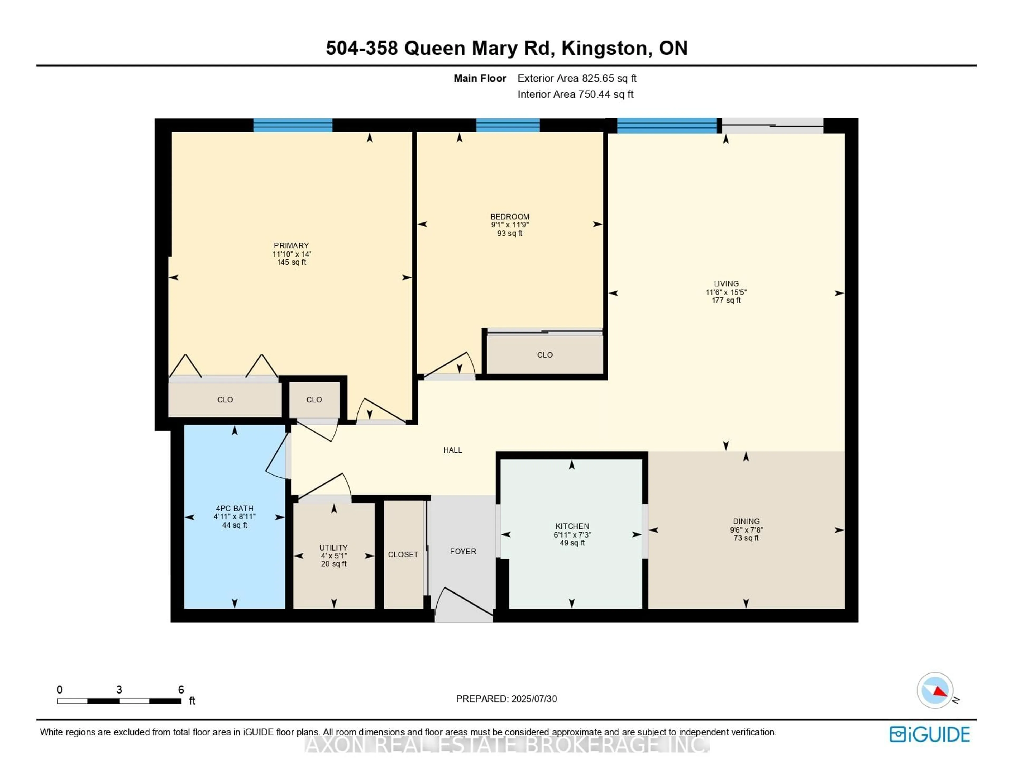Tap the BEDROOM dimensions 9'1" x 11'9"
[x=509, y=225]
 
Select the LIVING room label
[x=726, y=284]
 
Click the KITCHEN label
[x=572, y=526]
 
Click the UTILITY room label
[x=333, y=548]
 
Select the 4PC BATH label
[x=234, y=508]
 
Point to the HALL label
[x=452, y=450]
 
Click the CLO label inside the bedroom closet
[x=544, y=355]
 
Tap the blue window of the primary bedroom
[x=292, y=125]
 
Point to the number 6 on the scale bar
[x=181, y=690]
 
